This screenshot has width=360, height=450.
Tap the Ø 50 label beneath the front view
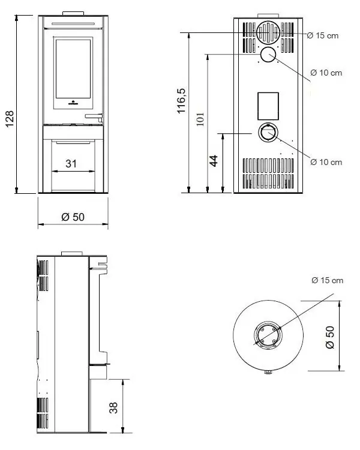click(73, 217)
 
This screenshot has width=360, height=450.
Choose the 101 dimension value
click(200, 120)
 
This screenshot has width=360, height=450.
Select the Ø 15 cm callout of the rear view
click(322, 36)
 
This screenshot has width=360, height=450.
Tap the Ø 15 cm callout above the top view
click(327, 280)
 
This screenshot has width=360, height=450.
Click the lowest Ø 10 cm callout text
click(326, 162)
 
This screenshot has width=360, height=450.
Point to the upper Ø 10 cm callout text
click(326, 73)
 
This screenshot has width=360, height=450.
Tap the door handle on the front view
click(94, 115)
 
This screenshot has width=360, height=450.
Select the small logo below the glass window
click(73, 102)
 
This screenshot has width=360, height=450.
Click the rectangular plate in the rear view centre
click(268, 106)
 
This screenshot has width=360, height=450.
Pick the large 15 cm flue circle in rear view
click(268, 32)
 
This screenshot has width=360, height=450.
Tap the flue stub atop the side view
click(72, 252)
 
